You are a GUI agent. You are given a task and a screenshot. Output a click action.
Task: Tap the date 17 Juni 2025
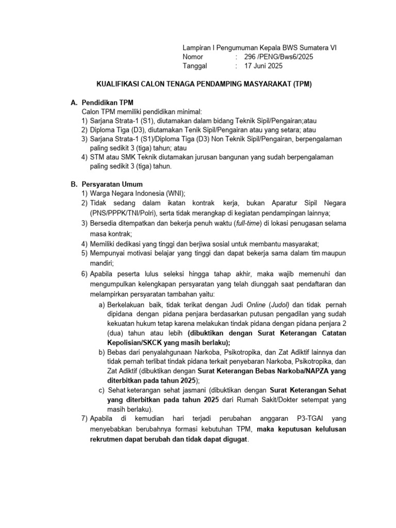click(263, 66)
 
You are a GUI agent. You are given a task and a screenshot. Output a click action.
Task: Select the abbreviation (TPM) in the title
click(303, 83)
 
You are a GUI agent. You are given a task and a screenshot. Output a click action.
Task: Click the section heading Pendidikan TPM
click(107, 103)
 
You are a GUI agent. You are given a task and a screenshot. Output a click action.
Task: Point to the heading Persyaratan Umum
click(112, 184)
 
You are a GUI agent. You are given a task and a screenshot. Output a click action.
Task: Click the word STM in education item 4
click(96, 157)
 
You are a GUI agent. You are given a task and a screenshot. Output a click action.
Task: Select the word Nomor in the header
click(193, 57)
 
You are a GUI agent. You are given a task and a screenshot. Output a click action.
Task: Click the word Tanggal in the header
click(195, 66)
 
